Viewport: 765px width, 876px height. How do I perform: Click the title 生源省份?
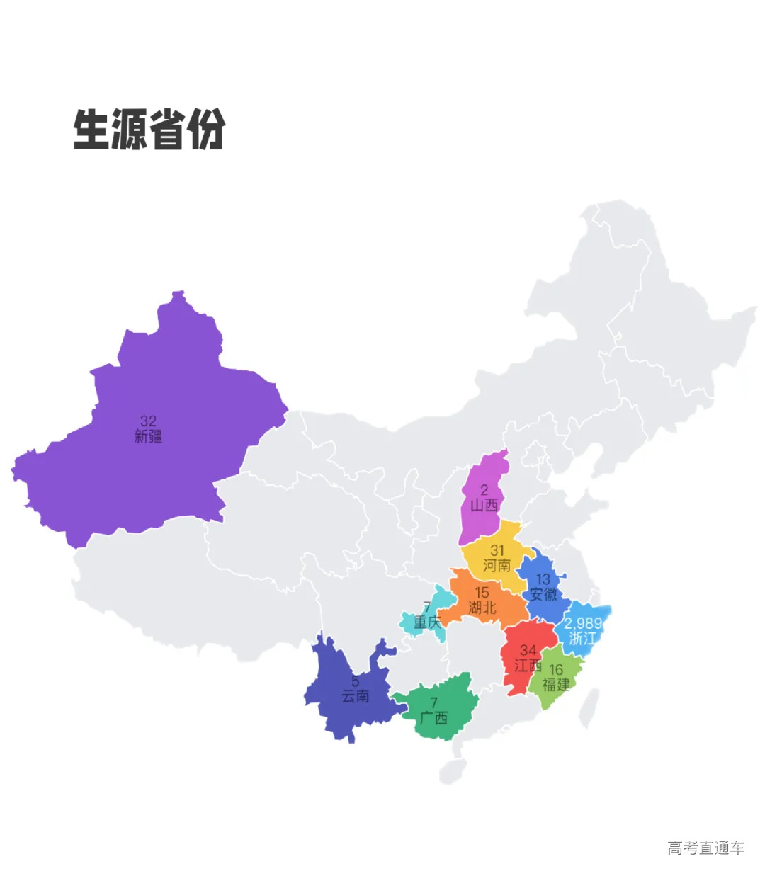pos(149,130)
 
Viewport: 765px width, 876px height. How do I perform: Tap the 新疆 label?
pos(148,437)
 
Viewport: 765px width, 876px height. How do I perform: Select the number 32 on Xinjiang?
pos(148,421)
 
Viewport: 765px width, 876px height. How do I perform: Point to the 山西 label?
pos(484,506)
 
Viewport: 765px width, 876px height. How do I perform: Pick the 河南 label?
pos(497,566)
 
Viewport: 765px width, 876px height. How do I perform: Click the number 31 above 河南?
pos(498,550)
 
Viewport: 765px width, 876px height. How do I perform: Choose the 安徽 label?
pos(543,595)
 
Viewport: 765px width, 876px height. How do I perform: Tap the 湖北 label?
pos(482,608)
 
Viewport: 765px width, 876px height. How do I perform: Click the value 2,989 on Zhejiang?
pos(583,623)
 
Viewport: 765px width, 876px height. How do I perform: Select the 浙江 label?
pos(583,638)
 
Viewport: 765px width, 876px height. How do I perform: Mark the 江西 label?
pos(528,666)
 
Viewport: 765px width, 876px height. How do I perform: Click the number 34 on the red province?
pos(528,650)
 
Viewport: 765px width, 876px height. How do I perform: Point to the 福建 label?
pos(556,685)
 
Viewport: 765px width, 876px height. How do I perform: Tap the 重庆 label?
pos(427,622)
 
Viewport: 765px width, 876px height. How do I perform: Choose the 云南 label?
pos(356,697)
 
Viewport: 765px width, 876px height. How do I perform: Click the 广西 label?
pos(433,719)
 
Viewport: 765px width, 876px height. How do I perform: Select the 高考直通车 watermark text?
pos(705,848)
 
